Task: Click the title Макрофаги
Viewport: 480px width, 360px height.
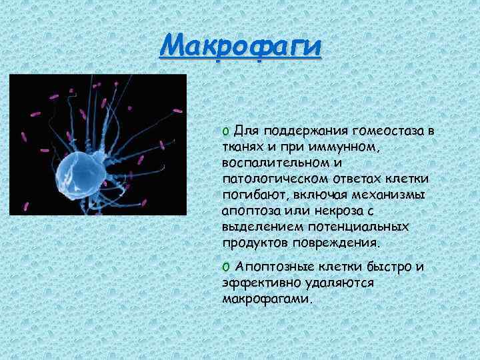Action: point(241,48)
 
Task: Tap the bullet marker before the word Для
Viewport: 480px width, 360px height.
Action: point(226,131)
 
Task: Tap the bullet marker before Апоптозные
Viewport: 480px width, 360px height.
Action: point(226,267)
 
